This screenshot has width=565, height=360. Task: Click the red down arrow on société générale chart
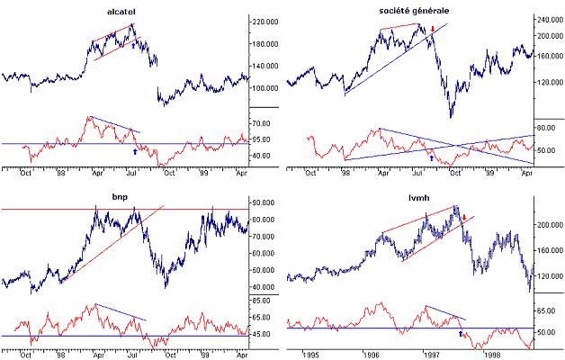pos(433,30)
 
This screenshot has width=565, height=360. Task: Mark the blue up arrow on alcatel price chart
pos(134,44)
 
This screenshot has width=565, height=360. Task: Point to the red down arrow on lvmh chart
pos(464,217)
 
